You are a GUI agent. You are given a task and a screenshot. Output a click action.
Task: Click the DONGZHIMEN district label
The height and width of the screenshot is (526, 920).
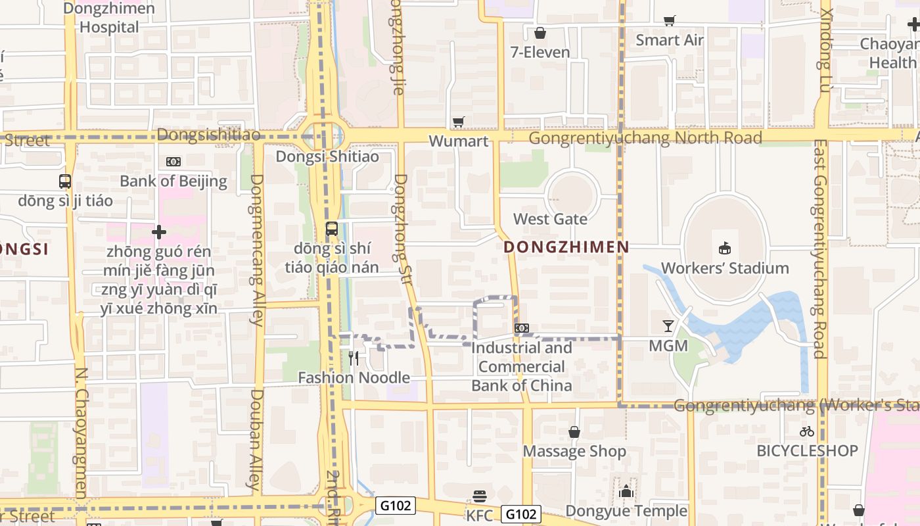[x=566, y=247]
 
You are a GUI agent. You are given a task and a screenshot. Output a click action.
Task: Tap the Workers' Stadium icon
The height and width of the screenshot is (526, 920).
[x=725, y=248]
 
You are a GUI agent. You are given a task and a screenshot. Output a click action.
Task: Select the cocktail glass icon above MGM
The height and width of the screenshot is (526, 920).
[x=668, y=325]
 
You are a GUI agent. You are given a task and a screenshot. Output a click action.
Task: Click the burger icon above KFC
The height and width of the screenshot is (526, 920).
[x=480, y=496]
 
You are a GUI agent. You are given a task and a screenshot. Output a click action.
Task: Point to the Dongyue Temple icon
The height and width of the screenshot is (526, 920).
[x=626, y=491]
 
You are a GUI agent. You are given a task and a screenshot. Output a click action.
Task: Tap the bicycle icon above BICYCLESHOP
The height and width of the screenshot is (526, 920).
[x=807, y=431]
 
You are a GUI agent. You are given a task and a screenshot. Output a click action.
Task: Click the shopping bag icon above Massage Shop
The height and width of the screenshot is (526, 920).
[x=574, y=432]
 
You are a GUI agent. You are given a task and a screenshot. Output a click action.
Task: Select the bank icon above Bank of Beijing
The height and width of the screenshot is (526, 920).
[x=173, y=161]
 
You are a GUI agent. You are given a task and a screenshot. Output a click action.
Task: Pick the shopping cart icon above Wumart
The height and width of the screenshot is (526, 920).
[x=458, y=122]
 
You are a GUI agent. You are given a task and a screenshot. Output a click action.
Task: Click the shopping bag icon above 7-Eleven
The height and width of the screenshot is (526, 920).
[x=540, y=32]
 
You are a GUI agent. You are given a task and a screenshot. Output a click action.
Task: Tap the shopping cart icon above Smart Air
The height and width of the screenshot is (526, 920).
[x=669, y=20]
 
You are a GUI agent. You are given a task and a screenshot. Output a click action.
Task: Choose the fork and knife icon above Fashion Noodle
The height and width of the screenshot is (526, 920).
[x=354, y=358]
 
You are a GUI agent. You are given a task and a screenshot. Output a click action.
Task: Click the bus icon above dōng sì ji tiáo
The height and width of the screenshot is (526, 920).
[x=65, y=181]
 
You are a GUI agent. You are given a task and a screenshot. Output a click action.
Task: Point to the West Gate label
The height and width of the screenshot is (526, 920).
[x=550, y=219]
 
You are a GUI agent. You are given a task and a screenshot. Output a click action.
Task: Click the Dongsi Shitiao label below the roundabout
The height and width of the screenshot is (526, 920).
[x=327, y=156]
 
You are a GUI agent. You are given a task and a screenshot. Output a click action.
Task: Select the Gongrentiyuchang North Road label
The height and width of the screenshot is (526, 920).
[x=645, y=138]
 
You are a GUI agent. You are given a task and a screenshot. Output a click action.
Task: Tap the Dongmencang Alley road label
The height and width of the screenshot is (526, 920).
[x=257, y=250]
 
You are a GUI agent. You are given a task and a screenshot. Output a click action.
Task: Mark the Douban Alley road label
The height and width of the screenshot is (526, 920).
[x=256, y=441]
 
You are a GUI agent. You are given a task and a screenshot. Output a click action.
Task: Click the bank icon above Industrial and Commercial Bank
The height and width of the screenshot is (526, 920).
[x=522, y=327]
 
